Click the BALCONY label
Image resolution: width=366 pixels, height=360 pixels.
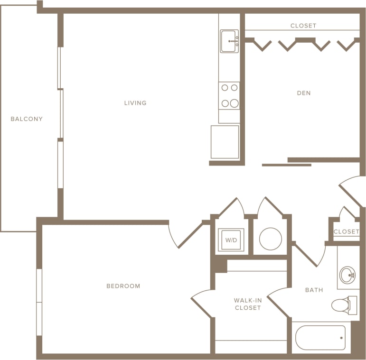coord(27,119)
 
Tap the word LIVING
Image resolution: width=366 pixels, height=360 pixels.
coord(135,103)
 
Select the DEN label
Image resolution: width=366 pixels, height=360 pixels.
coord(304,93)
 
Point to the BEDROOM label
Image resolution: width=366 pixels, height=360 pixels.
coord(123,286)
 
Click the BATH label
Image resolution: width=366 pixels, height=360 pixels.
coord(314,290)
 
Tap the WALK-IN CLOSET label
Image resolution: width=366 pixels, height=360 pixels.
coord(248,304)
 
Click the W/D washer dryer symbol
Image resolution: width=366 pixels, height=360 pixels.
coord(231,240)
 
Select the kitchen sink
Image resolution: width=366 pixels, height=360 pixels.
coord(229,41)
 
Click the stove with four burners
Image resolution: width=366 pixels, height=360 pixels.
coord(229,95)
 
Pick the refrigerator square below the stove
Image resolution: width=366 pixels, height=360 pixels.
coord(225,142)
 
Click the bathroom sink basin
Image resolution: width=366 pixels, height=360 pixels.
coord(347,275)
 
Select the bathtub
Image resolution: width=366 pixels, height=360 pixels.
coord(320,337)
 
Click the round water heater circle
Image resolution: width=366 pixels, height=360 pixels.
coord(271,239)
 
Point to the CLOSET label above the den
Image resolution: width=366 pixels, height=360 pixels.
coord(303,26)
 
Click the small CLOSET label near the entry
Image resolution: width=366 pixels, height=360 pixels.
coord(347,231)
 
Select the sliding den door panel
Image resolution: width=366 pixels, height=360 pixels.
coord(286,165)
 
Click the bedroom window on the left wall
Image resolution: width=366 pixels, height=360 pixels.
coord(39,302)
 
